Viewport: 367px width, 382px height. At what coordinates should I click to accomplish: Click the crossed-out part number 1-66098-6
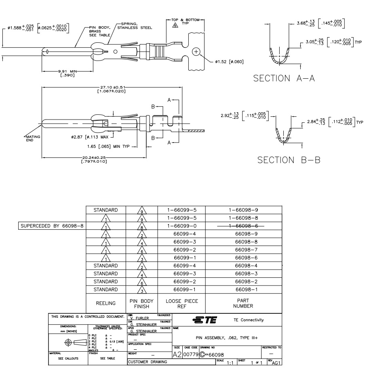(x=244, y=226)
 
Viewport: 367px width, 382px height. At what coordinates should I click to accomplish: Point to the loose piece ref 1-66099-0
(x=181, y=226)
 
